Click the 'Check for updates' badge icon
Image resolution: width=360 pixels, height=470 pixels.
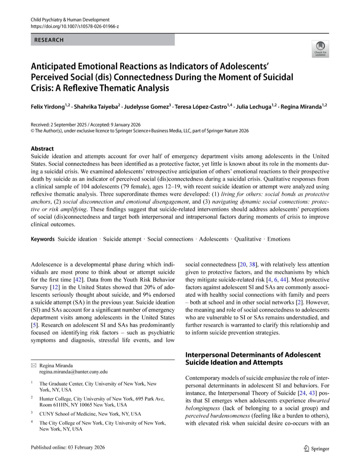[x=320, y=49]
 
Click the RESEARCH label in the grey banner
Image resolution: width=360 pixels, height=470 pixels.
[x=49, y=40]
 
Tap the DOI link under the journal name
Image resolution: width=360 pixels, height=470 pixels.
[x=75, y=26]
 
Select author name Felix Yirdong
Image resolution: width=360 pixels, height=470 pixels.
[x=47, y=107]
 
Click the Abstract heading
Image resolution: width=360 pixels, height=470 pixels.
[x=42, y=148]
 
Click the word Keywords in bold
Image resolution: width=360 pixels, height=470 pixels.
[x=43, y=239]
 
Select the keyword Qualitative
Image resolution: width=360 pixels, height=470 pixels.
[x=248, y=239]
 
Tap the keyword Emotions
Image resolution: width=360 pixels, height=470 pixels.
[x=279, y=239]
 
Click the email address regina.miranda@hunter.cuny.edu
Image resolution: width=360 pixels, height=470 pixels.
[x=74, y=372]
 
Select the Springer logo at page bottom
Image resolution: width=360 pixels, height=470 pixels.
[x=316, y=448]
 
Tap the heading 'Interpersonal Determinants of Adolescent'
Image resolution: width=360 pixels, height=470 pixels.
[x=253, y=355]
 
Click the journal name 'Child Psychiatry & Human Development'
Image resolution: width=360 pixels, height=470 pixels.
[x=70, y=20]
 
